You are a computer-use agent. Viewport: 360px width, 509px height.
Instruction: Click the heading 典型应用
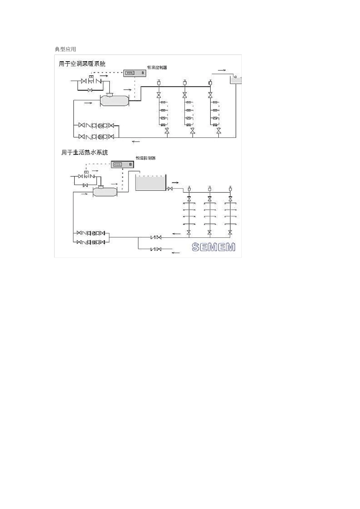point(65,49)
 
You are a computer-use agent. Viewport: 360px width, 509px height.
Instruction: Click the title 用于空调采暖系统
point(82,64)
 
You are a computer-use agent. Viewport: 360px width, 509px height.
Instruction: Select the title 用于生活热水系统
point(85,152)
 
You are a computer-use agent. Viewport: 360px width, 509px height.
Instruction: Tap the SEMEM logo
point(213,247)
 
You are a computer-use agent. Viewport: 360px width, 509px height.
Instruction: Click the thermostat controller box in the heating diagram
point(135,73)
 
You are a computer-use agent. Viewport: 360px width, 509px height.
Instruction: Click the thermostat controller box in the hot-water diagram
point(123,164)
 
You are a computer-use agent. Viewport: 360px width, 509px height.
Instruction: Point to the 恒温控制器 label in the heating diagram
point(157,67)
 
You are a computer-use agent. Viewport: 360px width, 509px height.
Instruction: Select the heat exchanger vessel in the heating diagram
point(114,100)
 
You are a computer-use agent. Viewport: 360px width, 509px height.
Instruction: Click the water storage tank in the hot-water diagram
point(150,183)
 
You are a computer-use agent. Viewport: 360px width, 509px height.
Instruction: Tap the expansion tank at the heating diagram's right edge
point(236,79)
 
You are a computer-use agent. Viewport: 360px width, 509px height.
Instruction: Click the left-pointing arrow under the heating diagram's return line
point(136,142)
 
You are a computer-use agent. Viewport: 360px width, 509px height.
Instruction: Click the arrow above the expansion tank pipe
point(222,70)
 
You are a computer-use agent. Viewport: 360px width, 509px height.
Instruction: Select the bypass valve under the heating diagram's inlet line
point(90,90)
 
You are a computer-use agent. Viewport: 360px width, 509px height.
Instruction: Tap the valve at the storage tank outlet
point(170,189)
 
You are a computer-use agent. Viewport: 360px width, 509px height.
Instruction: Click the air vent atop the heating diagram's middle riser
point(185,83)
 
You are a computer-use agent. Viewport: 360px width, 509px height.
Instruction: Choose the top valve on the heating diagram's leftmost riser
point(159,95)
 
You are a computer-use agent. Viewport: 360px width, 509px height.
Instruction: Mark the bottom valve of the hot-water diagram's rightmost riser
point(230,232)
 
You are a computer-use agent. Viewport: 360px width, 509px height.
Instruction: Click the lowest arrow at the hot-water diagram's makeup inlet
point(175,253)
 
